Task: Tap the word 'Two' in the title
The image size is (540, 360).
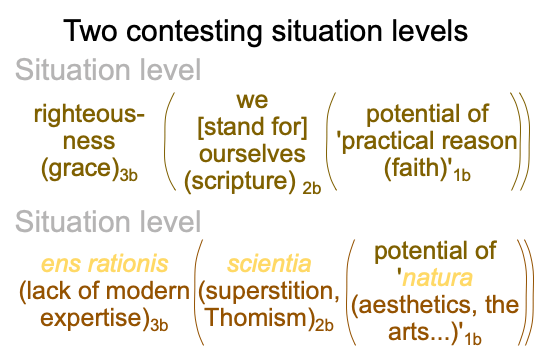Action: pyautogui.click(x=91, y=31)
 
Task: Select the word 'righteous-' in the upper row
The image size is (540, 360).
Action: pyautogui.click(x=89, y=115)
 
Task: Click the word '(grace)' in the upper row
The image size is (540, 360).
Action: pyautogui.click(x=81, y=169)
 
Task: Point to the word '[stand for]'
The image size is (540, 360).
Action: pyautogui.click(x=252, y=127)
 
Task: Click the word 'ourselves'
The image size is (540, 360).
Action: pyautogui.click(x=252, y=154)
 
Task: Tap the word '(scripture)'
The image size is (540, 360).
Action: pyautogui.click(x=240, y=181)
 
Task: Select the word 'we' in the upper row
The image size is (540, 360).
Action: pyautogui.click(x=252, y=100)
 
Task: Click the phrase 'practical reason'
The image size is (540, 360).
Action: pyautogui.click(x=429, y=141)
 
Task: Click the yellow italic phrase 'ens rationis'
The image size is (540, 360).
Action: pyautogui.click(x=105, y=264)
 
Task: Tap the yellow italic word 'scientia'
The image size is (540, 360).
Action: pyautogui.click(x=269, y=264)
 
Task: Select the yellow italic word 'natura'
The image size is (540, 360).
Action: pyautogui.click(x=437, y=278)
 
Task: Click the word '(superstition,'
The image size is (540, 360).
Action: pyautogui.click(x=269, y=292)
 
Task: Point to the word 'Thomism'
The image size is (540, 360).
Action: pyautogui.click(x=257, y=318)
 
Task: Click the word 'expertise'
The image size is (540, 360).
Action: pyautogui.click(x=92, y=319)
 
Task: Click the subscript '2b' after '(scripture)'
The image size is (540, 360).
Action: pyautogui.click(x=312, y=188)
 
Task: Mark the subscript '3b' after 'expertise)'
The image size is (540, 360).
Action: pyautogui.click(x=159, y=325)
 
